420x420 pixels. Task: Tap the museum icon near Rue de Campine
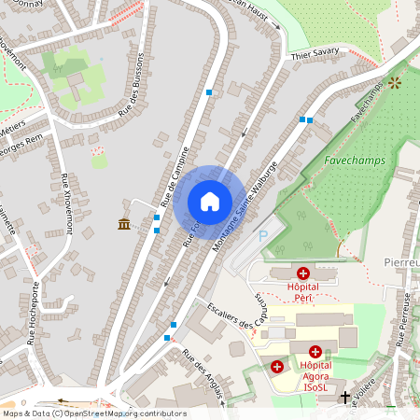point(124,222)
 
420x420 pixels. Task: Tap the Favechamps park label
point(355,161)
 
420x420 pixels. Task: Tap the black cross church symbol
point(345,398)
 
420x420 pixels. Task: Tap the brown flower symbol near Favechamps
point(395,83)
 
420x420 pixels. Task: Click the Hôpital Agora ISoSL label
point(316,376)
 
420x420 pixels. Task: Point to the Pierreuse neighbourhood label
point(403,264)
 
